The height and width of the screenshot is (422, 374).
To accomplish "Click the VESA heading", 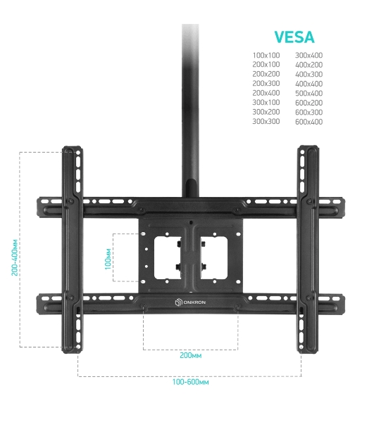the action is click(294, 37).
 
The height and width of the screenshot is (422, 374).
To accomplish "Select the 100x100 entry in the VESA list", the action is click(266, 55).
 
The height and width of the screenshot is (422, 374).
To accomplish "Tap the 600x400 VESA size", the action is click(308, 122).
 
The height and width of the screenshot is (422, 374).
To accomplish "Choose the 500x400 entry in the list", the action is click(308, 93).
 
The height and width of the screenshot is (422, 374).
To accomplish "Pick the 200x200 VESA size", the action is click(266, 74).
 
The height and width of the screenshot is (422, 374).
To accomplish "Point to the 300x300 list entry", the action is click(266, 121).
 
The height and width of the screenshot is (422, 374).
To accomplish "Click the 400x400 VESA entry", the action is click(308, 84).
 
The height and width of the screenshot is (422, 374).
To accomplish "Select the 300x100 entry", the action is click(266, 102).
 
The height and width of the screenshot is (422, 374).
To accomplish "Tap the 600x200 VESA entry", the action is click(308, 103).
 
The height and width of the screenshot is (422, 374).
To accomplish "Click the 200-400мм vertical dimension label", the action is click(15, 257).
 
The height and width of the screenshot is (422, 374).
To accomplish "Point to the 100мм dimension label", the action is click(108, 259).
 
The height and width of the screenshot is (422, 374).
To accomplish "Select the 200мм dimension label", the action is click(190, 355).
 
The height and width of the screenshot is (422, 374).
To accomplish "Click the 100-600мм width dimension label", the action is click(190, 382).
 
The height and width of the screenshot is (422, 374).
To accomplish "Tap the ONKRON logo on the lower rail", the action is click(190, 302).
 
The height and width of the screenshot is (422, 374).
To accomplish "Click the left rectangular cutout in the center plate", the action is click(168, 258).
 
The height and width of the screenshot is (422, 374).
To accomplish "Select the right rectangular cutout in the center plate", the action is click(214, 258).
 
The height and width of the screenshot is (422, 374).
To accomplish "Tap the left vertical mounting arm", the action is click(73, 250).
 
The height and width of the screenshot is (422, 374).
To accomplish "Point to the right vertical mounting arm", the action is click(308, 249).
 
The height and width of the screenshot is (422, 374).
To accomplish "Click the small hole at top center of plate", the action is click(191, 222).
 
